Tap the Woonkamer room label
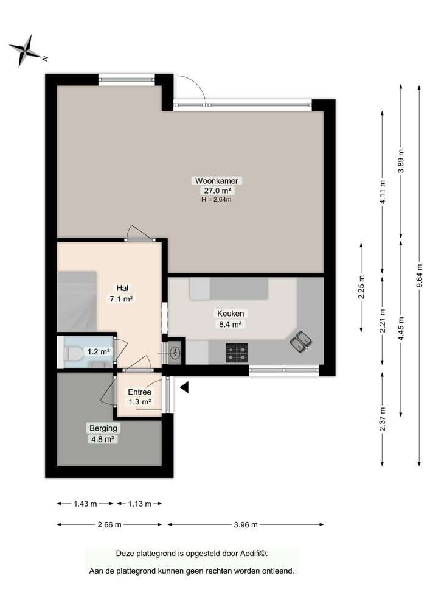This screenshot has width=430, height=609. pos(217,181)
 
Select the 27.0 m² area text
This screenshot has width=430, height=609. pos(217,190)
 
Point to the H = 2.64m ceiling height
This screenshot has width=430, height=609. pos(217,199)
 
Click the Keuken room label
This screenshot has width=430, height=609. pos(231,314)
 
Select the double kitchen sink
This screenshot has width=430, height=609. pos(301,343)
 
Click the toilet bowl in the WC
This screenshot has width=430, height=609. pos(74,353)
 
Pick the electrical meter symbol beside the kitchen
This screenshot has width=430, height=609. pos(176,352)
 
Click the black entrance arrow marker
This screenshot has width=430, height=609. pos(184,387)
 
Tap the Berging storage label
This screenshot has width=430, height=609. pos(101,428)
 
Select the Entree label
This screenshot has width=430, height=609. pos(139,392)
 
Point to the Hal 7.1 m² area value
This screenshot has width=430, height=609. pos(121,299)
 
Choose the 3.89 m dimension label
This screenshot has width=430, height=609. pos(401,161)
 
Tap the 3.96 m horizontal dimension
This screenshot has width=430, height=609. pos(246,524)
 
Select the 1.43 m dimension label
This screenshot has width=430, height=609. pos(85,504)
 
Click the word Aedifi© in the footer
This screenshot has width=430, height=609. pos(251,554)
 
